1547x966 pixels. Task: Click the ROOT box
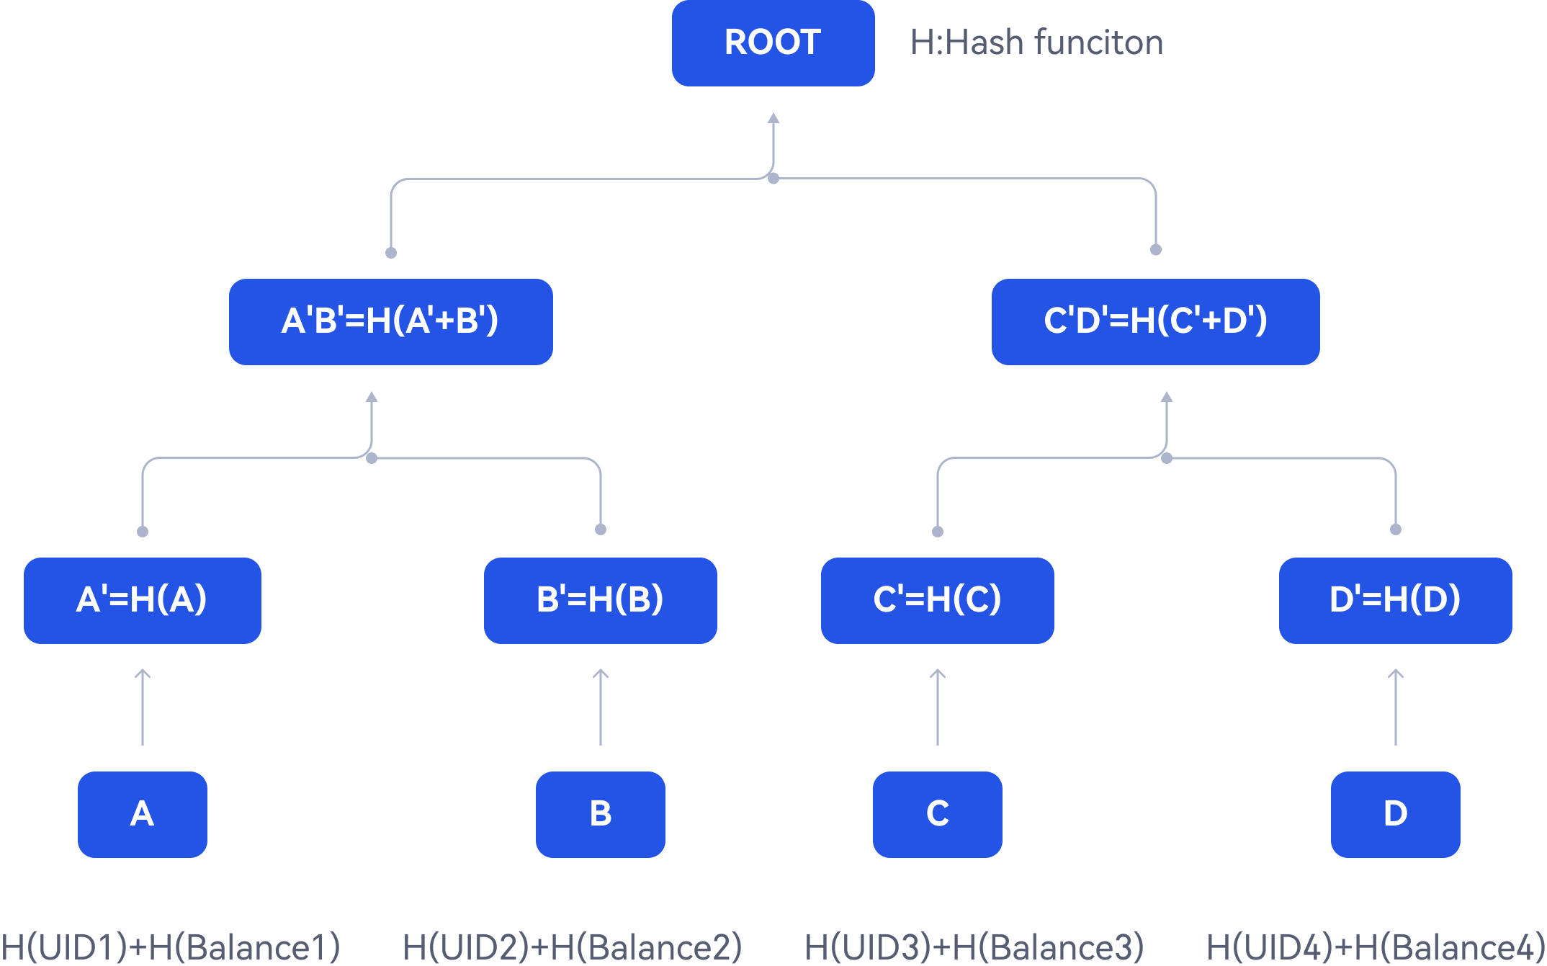pos(773,43)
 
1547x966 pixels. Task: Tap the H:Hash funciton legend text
pos(1036,43)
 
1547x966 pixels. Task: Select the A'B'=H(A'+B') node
pos(390,321)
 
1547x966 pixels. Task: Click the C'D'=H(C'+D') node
pos(1155,321)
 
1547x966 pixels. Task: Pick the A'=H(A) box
pos(142,600)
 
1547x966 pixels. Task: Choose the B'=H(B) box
pos(600,600)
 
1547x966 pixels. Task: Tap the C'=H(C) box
pos(937,600)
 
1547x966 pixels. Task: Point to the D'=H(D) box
pos(1395,600)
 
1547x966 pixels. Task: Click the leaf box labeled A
pos(142,814)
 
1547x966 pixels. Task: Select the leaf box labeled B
pos(600,814)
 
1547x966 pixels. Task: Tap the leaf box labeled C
pos(937,814)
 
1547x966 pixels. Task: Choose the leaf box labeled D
pos(1395,814)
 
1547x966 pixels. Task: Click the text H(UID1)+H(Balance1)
pos(170,947)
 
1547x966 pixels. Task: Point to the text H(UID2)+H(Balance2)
pos(572,947)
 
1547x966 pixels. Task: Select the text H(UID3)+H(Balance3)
pos(974,947)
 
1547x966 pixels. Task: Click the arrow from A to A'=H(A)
pos(143,707)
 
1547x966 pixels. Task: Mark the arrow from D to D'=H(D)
pos(1396,707)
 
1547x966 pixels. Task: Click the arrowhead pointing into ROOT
pos(773,119)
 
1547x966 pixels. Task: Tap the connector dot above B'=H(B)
pos(601,529)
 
